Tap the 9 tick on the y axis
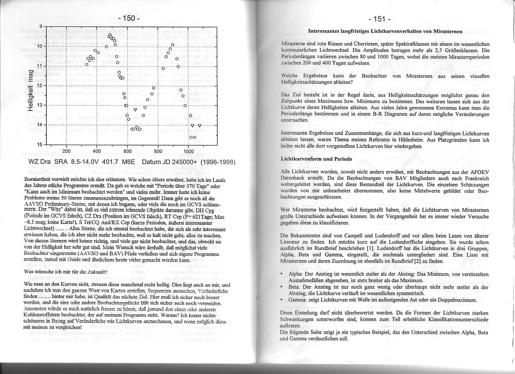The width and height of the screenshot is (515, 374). click(41, 26)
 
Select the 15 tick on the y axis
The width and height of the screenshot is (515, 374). click(40, 144)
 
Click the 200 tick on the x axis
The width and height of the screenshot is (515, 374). click(66, 151)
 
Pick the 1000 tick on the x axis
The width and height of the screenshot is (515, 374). click(189, 151)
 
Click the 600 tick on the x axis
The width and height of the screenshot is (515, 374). click(127, 151)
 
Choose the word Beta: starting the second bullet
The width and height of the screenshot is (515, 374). click(294, 286)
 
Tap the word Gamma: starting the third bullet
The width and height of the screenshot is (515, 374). click(297, 300)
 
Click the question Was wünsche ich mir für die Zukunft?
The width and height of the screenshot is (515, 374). click(66, 271)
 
